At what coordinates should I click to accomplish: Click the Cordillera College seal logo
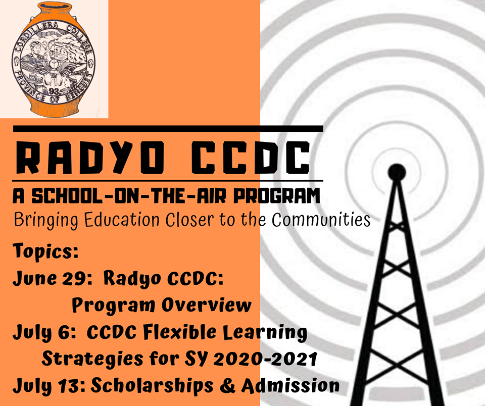point(54,60)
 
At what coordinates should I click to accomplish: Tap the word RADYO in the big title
point(90,158)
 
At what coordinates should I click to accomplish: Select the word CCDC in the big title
point(251,158)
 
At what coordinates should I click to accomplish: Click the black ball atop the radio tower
point(397,172)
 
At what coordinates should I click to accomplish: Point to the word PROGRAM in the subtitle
point(276,196)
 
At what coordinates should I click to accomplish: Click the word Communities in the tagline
point(321,220)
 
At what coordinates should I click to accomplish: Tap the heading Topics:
point(45,251)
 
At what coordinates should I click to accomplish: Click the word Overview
point(206,304)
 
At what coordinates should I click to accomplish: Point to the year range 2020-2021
point(265,359)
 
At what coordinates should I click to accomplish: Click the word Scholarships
point(152,386)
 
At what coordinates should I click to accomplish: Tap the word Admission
point(290,386)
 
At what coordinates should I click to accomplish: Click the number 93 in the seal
point(54,91)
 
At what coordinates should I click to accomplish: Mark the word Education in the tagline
point(122,220)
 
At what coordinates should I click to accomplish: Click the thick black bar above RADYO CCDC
point(168,129)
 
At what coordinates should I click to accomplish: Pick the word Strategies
point(92,360)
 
